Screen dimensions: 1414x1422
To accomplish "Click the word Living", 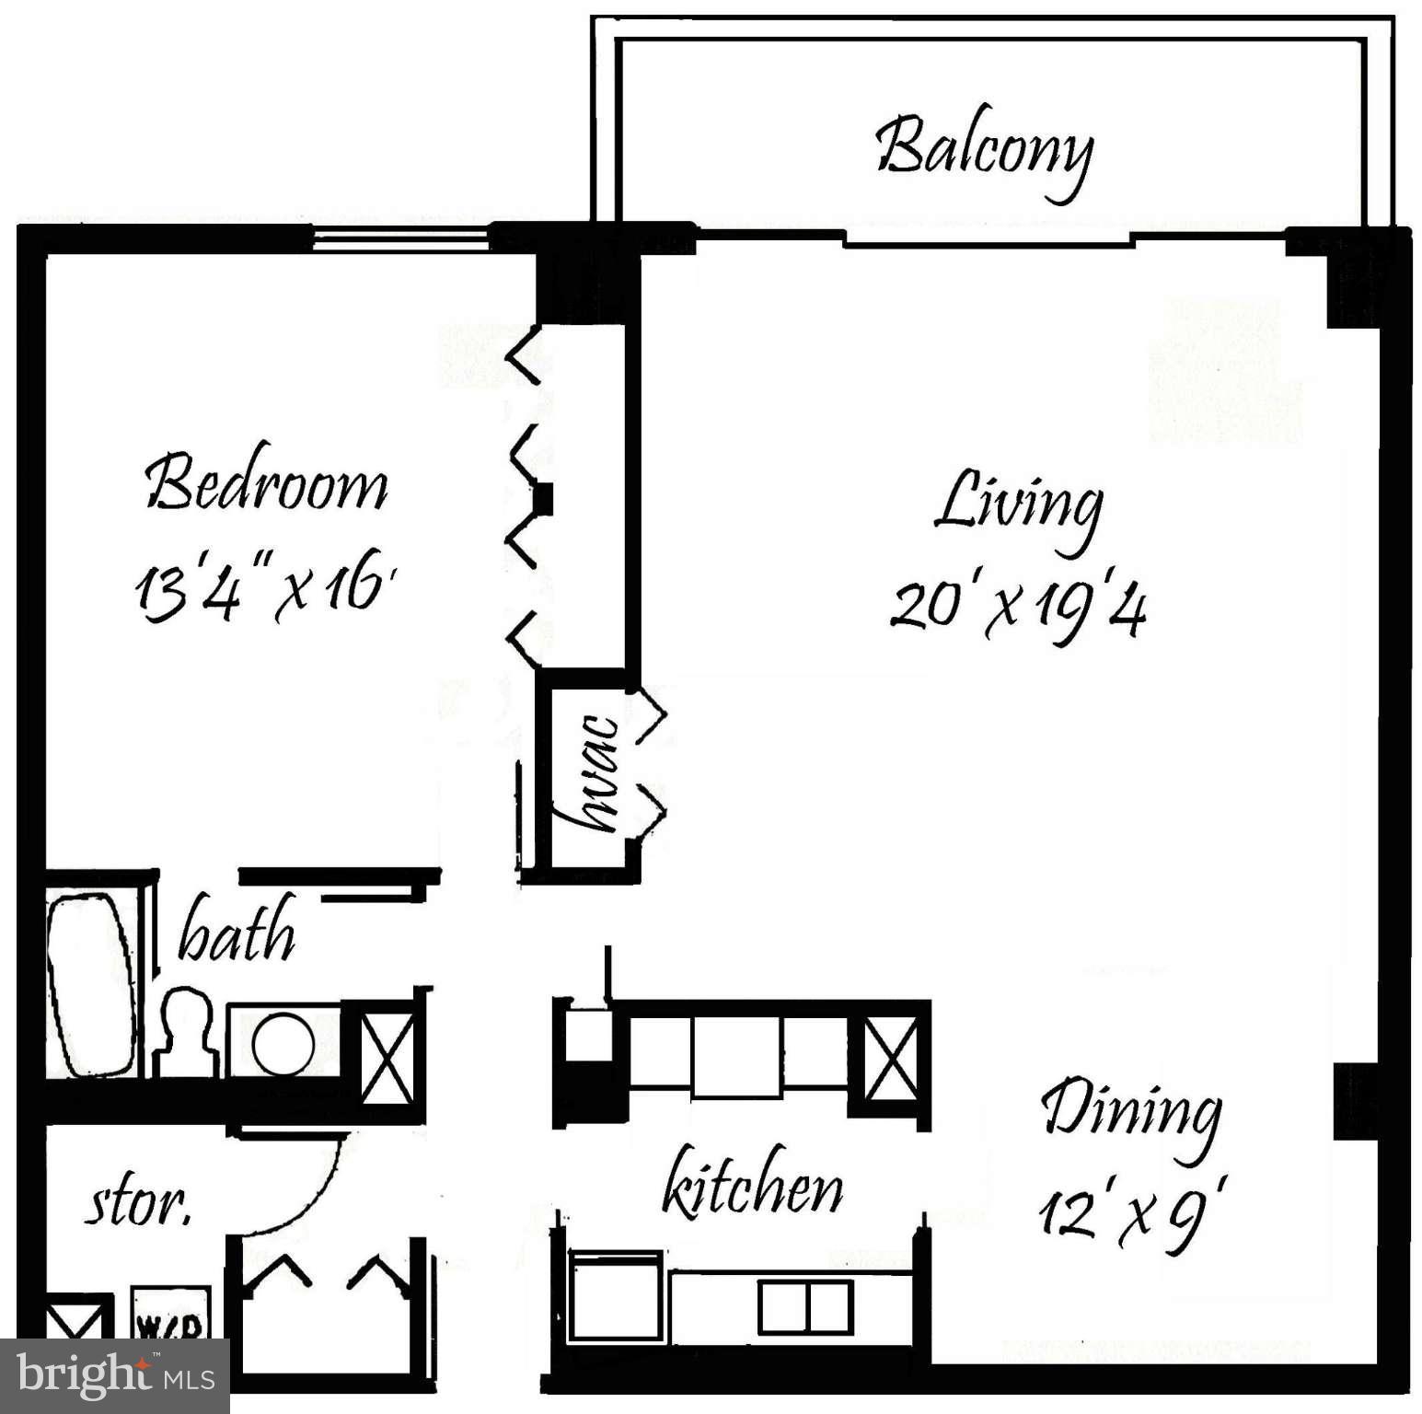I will pos(1018,504).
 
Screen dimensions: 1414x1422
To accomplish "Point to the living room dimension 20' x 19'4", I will pos(1018,608).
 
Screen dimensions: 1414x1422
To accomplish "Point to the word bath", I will pos(237,932).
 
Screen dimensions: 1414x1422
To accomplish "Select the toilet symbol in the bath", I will pos(189,1031).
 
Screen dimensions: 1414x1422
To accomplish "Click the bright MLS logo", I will pos(114,1376).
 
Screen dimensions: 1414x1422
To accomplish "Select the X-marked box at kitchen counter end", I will pos(891,1059).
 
